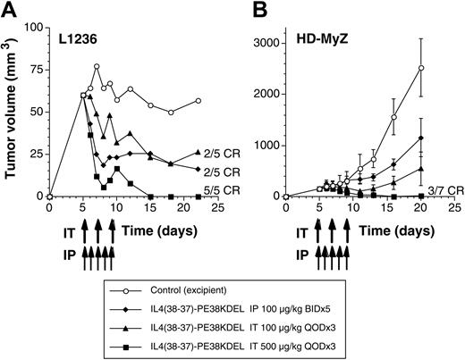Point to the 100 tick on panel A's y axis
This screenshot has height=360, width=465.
coord(34,29)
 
